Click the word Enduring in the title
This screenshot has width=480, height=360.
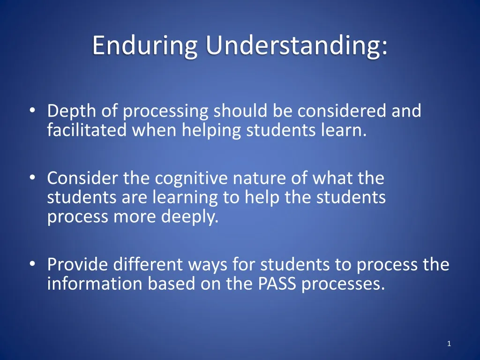pos(145,46)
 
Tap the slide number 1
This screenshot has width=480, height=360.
pos(449,344)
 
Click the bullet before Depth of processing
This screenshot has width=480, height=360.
pos(32,112)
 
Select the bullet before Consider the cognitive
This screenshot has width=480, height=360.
pos(32,179)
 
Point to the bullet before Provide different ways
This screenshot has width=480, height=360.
pos(32,265)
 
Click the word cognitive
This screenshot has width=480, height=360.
pos(204,179)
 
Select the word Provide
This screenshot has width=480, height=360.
pos(77,265)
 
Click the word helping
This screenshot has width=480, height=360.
pos(211,130)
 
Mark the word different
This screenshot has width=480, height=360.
pos(148,265)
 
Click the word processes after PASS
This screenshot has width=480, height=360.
pos(343,284)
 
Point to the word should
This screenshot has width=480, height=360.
pos(240,112)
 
